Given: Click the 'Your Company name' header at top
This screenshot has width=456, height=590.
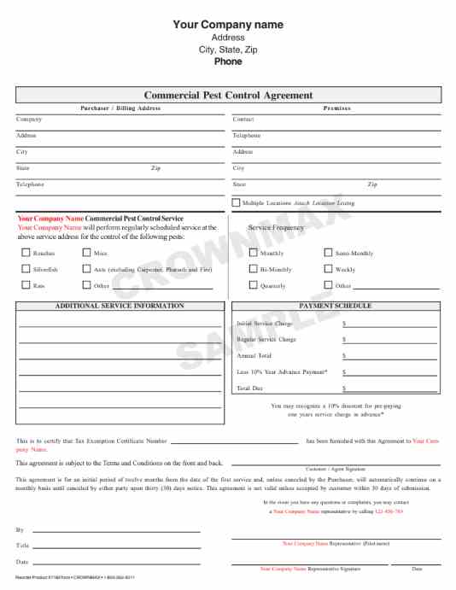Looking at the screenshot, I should coord(227,25).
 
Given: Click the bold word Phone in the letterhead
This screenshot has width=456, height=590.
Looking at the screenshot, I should coord(227,61).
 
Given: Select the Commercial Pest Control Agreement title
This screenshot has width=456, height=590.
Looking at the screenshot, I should coord(228,96).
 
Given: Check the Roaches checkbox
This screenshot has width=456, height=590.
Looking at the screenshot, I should coord(25,254).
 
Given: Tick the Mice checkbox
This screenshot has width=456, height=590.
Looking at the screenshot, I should coord(86,254).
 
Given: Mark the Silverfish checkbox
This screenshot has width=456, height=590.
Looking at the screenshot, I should coord(25,269).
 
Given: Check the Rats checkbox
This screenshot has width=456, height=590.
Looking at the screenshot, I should coord(25,285).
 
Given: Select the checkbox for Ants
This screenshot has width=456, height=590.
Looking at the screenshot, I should coord(86,269).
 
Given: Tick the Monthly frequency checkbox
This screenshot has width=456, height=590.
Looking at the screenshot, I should coord(253,254).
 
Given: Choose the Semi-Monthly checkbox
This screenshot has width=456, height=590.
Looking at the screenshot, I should coord(329,254).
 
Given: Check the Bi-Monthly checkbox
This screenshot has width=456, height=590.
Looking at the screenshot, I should coord(253,269).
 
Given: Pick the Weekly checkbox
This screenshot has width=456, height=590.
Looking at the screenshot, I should coord(329,269).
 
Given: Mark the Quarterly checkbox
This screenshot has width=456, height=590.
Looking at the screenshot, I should coord(253,285).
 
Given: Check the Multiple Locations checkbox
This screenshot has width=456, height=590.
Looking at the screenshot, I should coord(236,203).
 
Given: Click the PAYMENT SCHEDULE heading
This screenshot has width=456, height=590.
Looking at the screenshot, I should coord(336,306).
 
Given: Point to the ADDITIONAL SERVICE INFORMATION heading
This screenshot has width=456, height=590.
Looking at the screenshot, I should coord(120,306).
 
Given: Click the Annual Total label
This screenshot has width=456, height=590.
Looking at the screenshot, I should coord(254,355).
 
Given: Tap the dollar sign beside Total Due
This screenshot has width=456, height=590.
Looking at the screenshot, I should coord(344,388).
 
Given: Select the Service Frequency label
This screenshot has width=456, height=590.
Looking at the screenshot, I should coord(276,228).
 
